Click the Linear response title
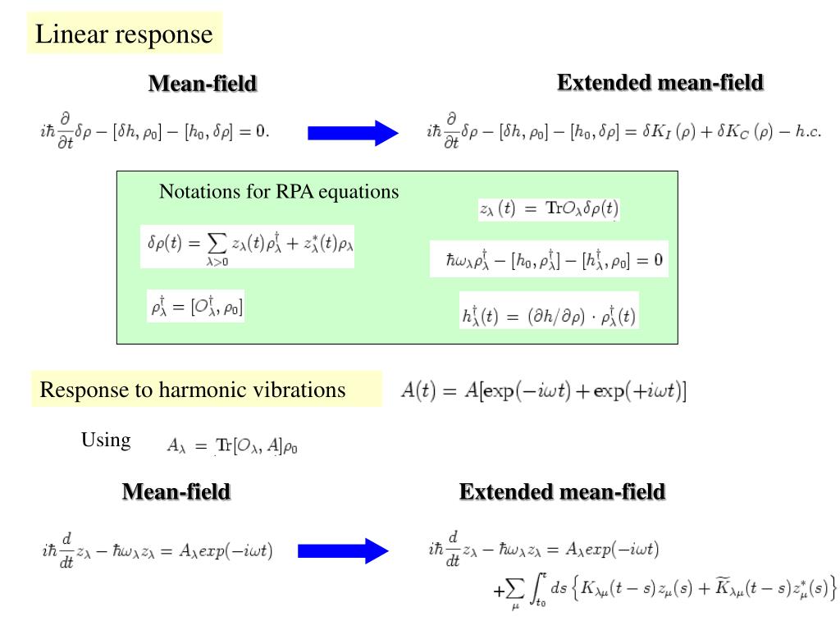pyautogui.click(x=124, y=34)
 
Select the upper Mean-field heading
pyautogui.click(x=203, y=84)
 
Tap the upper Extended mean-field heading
pyautogui.click(x=660, y=83)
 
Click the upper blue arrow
pyautogui.click(x=353, y=133)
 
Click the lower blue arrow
pyautogui.click(x=343, y=550)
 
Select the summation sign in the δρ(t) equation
pyautogui.click(x=217, y=244)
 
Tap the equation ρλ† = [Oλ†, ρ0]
pyautogui.click(x=196, y=307)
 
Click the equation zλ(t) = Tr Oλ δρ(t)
pyautogui.click(x=549, y=208)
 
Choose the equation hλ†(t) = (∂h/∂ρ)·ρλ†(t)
pyautogui.click(x=549, y=316)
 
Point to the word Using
pyautogui.click(x=106, y=441)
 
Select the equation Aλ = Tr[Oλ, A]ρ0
pyautogui.click(x=232, y=445)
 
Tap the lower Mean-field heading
pyautogui.click(x=176, y=492)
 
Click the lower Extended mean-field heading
pyautogui.click(x=562, y=492)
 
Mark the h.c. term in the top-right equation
pyautogui.click(x=808, y=132)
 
